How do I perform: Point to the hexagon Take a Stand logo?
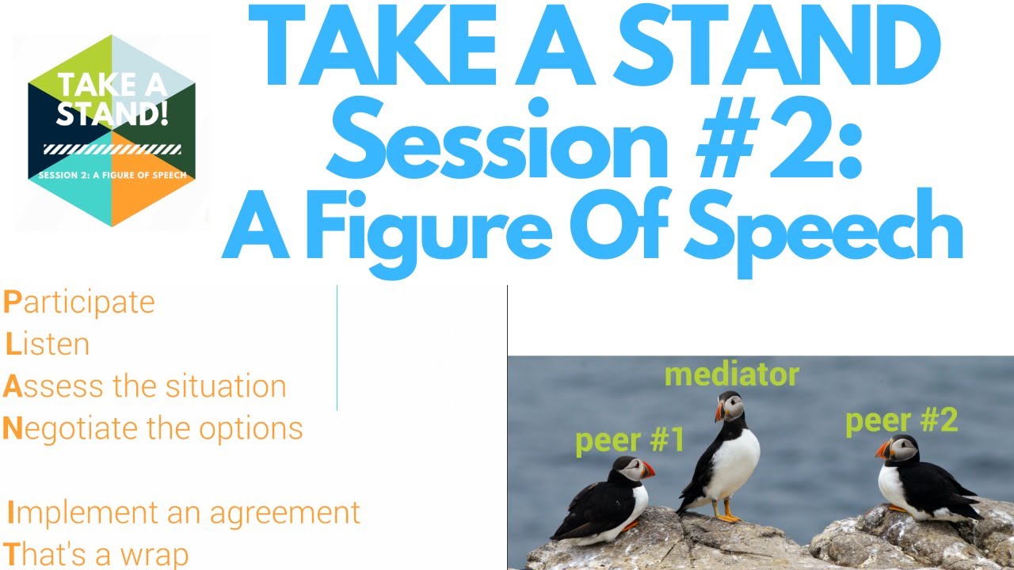tap(111, 131)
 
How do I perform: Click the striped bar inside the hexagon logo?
tap(112, 150)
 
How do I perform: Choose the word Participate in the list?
tap(79, 302)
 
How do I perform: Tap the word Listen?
tap(48, 344)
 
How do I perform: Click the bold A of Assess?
tap(11, 386)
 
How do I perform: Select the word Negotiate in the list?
tap(71, 428)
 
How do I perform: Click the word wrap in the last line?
tap(158, 554)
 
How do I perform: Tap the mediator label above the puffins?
tap(731, 374)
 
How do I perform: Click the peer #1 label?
tap(629, 440)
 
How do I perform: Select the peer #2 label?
tap(901, 420)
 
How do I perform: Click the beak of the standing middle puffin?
tap(719, 412)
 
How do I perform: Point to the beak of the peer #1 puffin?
tap(648, 469)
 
